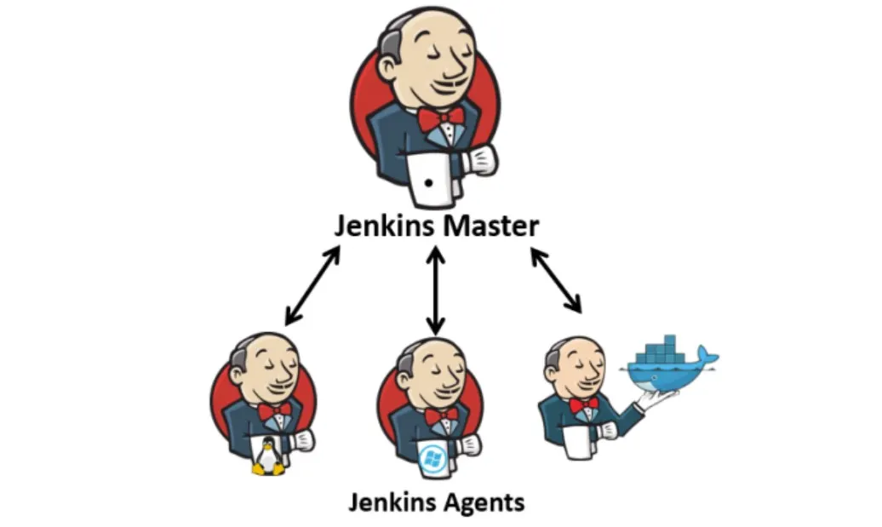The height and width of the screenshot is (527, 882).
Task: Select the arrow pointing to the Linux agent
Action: pos(312,286)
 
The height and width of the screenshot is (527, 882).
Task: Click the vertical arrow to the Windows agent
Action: pos(436,289)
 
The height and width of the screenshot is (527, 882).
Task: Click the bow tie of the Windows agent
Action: pos(441,415)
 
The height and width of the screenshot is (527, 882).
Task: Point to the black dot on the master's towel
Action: pos(429,182)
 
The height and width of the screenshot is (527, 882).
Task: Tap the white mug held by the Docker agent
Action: pos(578,442)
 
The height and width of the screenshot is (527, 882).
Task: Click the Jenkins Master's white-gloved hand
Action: pos(482,158)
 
